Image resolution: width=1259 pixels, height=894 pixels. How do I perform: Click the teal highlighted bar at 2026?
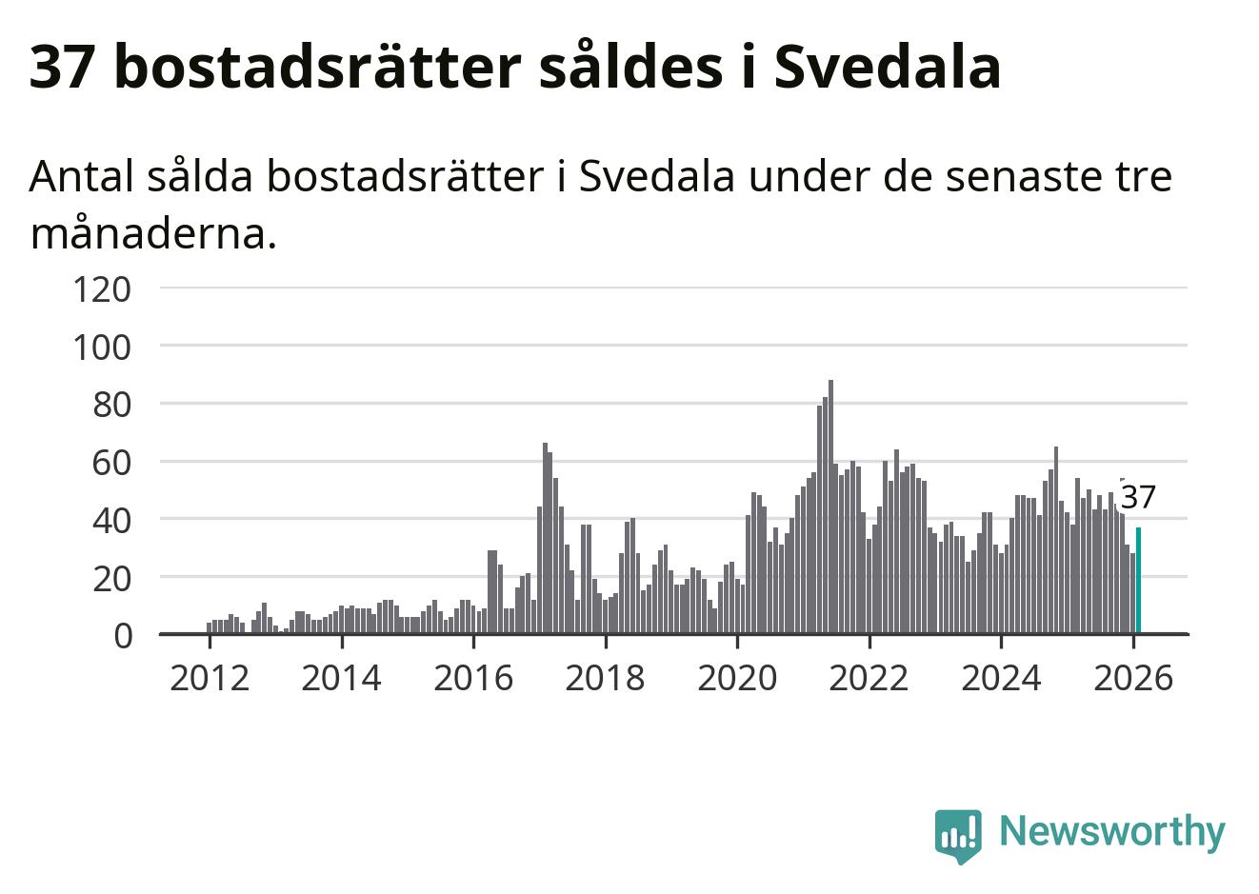coord(1138,580)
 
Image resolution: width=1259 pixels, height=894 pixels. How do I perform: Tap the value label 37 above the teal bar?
coord(1138,497)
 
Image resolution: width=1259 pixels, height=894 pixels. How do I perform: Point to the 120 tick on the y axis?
coord(101,288)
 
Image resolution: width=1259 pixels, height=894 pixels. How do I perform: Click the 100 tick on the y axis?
coord(101,347)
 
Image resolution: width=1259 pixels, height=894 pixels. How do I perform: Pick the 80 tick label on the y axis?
coord(110,405)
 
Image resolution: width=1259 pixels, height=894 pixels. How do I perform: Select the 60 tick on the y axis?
coord(110,463)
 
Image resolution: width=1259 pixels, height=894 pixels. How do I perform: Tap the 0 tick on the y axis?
coord(122,635)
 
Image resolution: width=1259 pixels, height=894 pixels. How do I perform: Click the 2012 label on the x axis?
coord(210,678)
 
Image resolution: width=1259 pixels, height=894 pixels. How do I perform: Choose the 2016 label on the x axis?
coord(473,678)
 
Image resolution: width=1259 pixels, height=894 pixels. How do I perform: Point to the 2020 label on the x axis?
coord(737,678)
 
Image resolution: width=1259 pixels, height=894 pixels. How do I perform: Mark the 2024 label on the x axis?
coord(1001,678)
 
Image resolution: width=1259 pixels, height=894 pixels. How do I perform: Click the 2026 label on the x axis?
coord(1133,678)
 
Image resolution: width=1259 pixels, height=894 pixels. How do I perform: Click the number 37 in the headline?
coord(61,67)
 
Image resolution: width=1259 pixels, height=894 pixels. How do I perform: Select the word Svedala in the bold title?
coord(887,67)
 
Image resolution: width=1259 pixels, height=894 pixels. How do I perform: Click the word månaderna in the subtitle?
coord(152,233)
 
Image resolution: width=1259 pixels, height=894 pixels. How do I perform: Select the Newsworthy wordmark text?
coord(1111,831)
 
